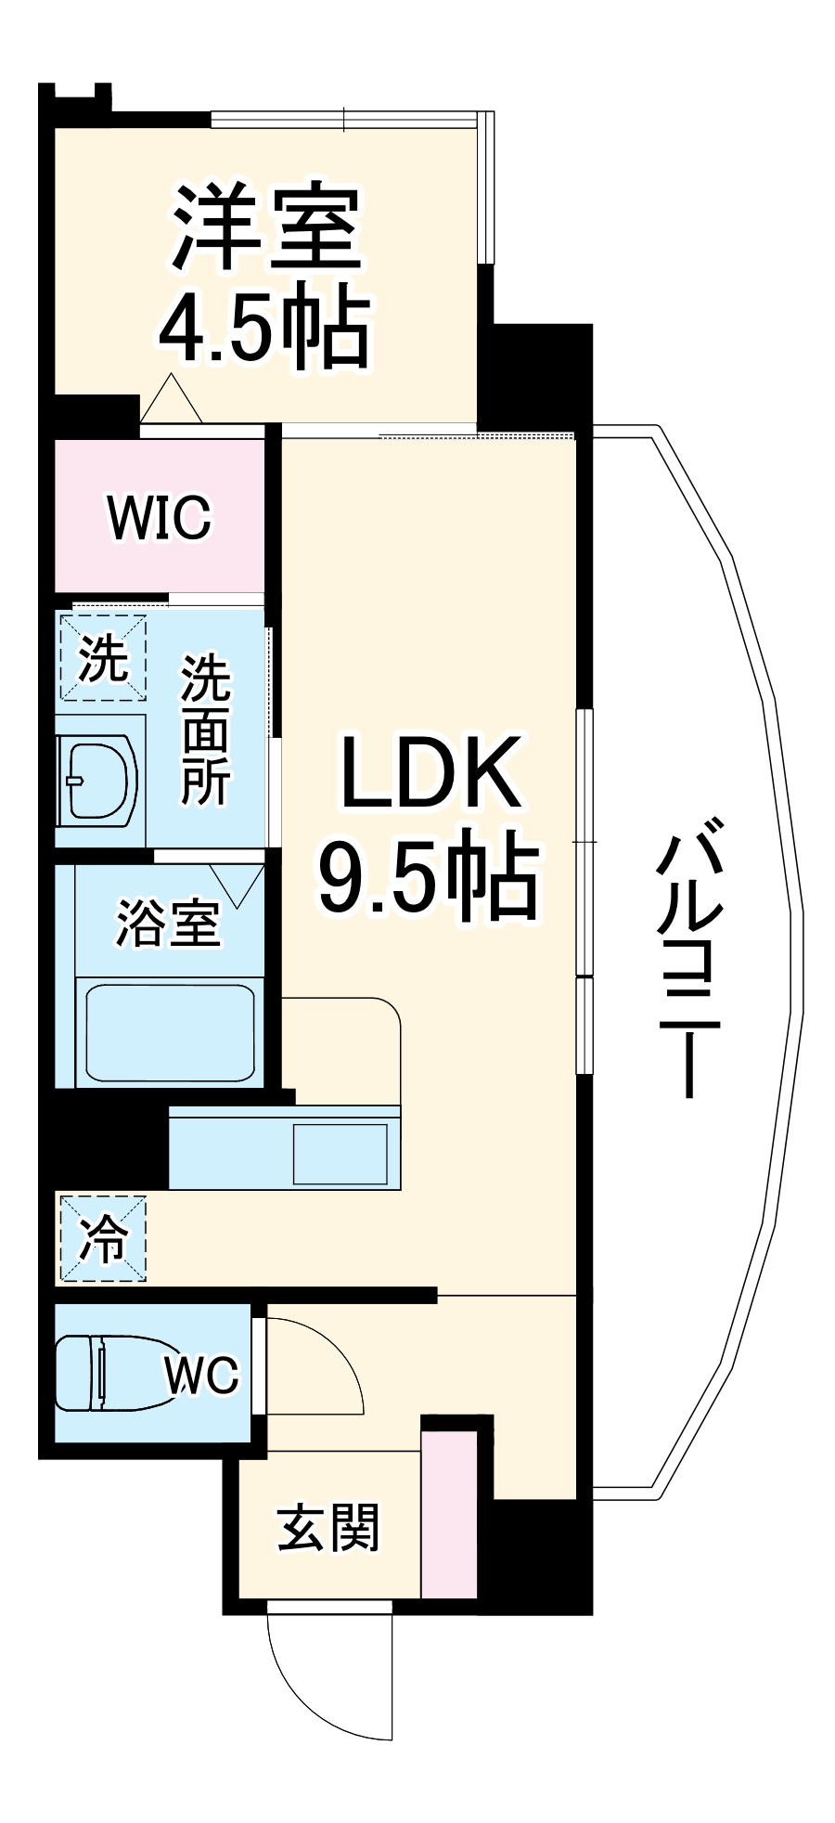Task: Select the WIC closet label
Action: click(160, 517)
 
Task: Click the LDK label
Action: click(430, 772)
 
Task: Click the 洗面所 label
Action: click(205, 730)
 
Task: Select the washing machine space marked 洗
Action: click(102, 657)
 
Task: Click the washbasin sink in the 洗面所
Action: click(97, 779)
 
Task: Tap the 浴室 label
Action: click(168, 923)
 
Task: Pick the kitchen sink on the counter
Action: click(340, 1154)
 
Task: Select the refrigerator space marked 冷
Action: click(103, 1237)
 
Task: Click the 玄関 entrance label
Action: click(328, 1529)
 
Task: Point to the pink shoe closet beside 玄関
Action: click(449, 1513)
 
